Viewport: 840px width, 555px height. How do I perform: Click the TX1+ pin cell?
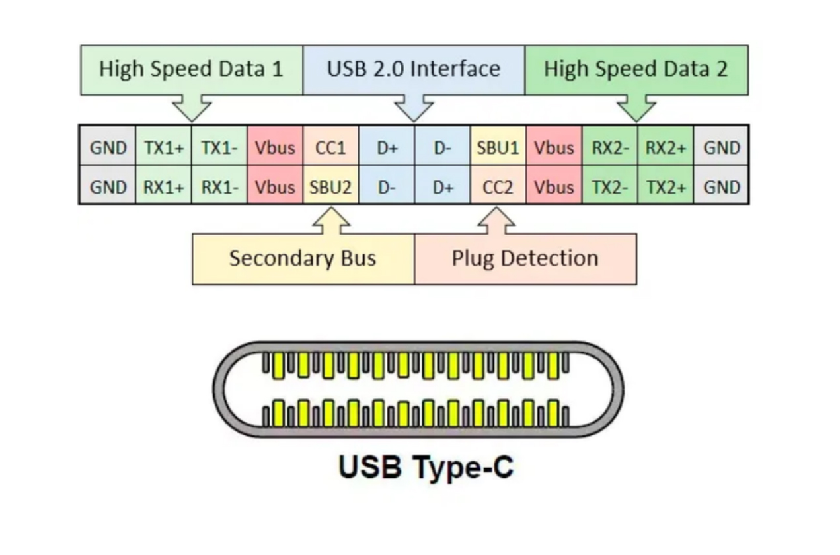point(163,147)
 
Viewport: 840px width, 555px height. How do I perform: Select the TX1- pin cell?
point(219,147)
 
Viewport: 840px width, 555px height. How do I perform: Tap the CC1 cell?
point(330,147)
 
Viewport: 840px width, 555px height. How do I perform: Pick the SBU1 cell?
point(498,147)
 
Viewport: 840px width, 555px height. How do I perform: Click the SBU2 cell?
point(330,188)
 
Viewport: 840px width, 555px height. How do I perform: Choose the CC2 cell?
point(498,188)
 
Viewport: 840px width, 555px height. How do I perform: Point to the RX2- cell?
point(609,147)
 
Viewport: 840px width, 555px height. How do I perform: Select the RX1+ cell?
point(163,188)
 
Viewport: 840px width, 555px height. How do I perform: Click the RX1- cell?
point(219,188)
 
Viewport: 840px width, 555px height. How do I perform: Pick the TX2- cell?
point(609,188)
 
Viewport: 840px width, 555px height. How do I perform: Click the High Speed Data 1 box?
point(191,69)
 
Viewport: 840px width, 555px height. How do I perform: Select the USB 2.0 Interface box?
point(414,69)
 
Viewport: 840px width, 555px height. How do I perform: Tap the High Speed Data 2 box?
point(636,69)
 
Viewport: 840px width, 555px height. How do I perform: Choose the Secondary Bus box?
point(303,258)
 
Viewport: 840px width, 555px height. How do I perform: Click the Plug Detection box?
point(525,258)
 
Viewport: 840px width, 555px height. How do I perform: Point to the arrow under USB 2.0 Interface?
point(414,108)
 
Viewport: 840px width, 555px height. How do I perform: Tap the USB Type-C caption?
point(426,466)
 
